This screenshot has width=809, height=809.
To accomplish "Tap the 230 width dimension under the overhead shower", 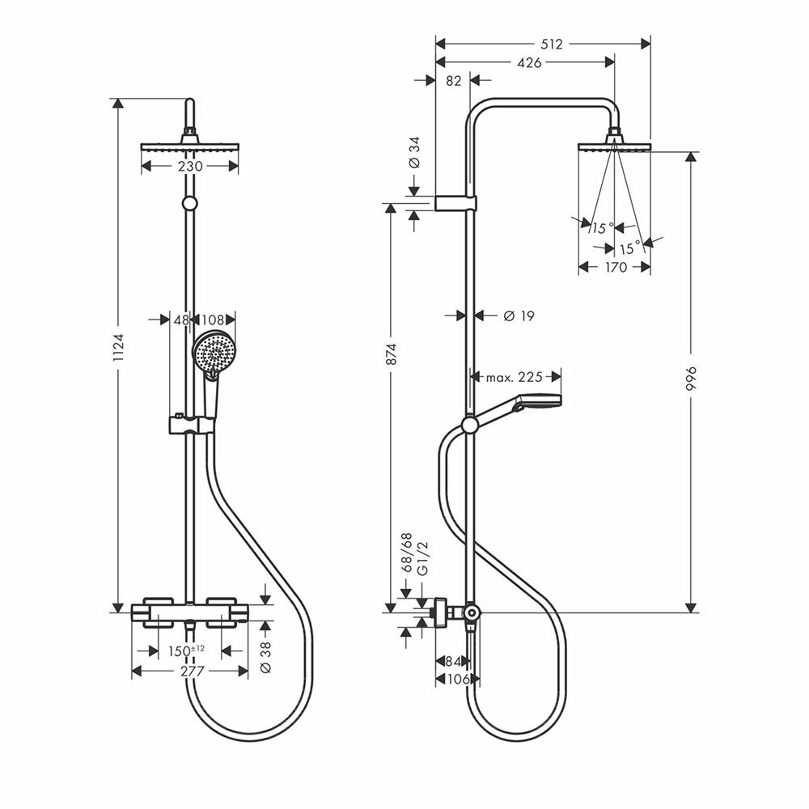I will click(190, 166).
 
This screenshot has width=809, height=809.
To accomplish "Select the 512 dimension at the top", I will click(552, 44).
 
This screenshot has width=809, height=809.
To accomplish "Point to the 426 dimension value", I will click(531, 62).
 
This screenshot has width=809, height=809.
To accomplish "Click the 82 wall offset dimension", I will click(453, 80).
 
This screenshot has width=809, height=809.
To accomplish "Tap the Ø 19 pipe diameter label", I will click(519, 316).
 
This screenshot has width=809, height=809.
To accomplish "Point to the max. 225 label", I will click(514, 377).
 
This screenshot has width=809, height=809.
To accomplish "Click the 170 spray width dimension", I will click(616, 267).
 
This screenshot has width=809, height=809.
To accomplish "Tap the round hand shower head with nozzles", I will click(212, 353).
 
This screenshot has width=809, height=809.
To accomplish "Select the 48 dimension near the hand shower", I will click(181, 320).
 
